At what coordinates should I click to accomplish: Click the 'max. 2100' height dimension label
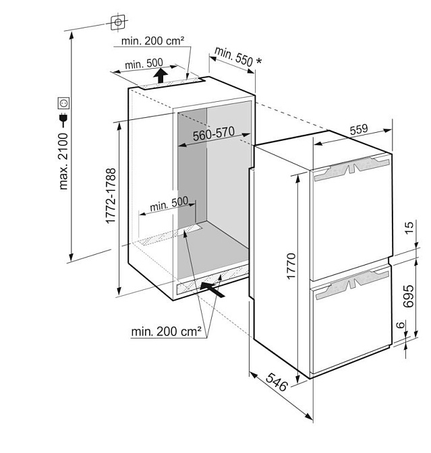63,162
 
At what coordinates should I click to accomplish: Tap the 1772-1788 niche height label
111,196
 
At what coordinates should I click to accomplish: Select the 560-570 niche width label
214,133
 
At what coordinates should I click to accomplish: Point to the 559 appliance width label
359,129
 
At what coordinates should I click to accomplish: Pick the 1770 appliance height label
291,266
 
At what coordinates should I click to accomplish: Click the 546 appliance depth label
277,382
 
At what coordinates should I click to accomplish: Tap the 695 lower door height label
409,296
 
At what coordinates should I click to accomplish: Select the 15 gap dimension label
409,228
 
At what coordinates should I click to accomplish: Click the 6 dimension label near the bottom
401,325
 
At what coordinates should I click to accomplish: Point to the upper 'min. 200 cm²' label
152,40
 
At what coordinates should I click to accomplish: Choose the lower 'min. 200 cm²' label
166,332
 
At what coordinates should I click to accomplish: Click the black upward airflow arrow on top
161,75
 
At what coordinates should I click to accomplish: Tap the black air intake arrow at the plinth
212,289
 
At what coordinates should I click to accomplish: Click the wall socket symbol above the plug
63,103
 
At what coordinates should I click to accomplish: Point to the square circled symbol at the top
118,22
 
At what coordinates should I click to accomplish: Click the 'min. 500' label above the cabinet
144,64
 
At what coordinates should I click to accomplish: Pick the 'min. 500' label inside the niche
169,204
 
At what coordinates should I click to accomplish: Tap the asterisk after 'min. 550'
259,61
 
